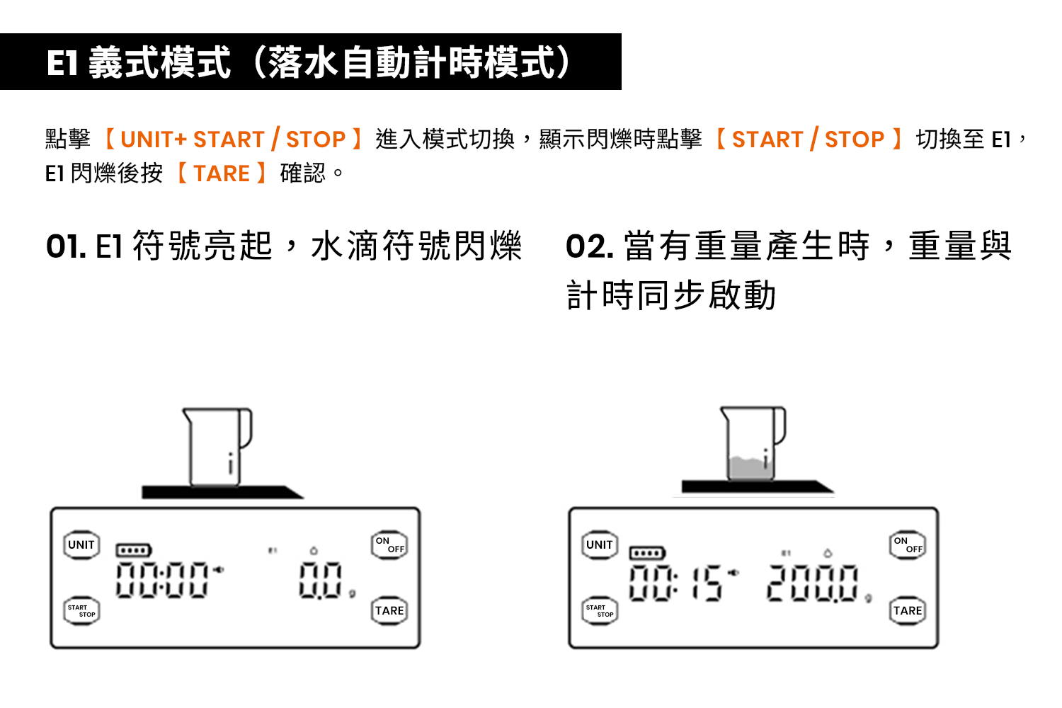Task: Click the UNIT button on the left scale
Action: (81, 545)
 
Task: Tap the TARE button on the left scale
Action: (389, 610)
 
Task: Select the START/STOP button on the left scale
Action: (81, 610)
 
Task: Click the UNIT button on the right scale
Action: (600, 545)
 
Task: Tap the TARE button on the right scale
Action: (908, 610)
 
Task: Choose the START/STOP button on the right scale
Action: (600, 610)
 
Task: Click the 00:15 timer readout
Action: (676, 583)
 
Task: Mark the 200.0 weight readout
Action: (813, 583)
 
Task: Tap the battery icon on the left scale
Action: (134, 550)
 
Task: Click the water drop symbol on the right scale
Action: (828, 552)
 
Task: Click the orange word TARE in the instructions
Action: (222, 173)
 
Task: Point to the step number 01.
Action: (66, 247)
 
